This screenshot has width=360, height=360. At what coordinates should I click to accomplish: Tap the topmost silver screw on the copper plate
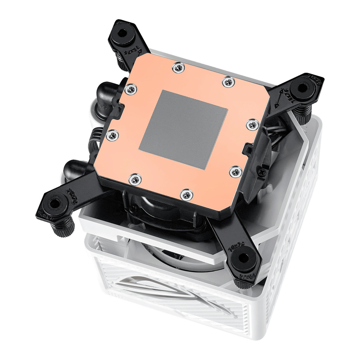[x=179, y=67]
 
